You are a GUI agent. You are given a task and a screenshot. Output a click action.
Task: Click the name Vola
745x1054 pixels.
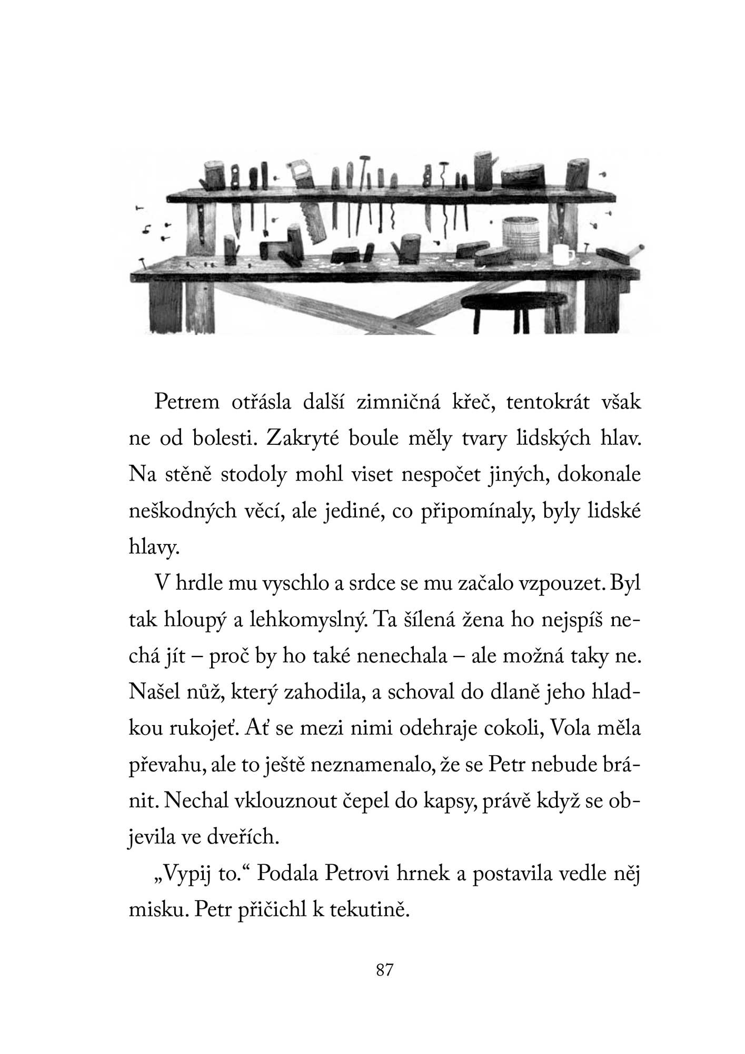click(x=573, y=730)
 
